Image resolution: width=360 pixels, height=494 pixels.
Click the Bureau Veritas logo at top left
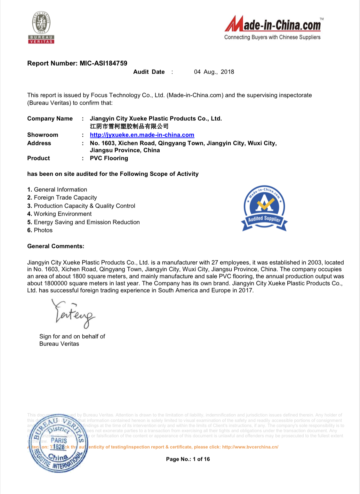pos(41,28)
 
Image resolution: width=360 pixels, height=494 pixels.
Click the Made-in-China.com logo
pos(273,24)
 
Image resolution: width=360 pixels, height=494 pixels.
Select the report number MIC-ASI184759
pos(103,63)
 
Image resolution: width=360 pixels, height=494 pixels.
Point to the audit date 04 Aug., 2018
pos(214,72)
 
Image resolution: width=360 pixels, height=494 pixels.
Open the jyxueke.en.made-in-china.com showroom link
pos(142,135)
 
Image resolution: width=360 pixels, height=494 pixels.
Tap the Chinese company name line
pos(129,126)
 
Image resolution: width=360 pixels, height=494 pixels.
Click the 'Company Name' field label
pos(50,119)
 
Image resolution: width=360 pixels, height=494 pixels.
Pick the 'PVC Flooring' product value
pos(109,158)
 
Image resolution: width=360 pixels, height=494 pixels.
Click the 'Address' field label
pos(39,143)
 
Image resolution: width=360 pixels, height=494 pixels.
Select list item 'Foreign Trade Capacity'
pos(65,198)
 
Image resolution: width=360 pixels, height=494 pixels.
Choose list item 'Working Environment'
pos(63,214)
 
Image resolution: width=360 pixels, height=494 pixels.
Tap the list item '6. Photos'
pos(40,230)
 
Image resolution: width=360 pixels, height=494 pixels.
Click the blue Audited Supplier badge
pos(264,208)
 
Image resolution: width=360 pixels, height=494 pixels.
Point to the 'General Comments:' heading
pos(56,246)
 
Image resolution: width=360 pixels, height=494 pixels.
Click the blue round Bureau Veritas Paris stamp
pos(58,443)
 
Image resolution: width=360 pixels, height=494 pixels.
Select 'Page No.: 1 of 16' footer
pos(188,459)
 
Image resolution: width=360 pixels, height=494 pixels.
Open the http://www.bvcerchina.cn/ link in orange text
pos(250,447)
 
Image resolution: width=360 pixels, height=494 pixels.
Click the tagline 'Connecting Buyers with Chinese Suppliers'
pos(272,37)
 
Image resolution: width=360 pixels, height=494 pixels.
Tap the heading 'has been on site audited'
pos(113,174)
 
